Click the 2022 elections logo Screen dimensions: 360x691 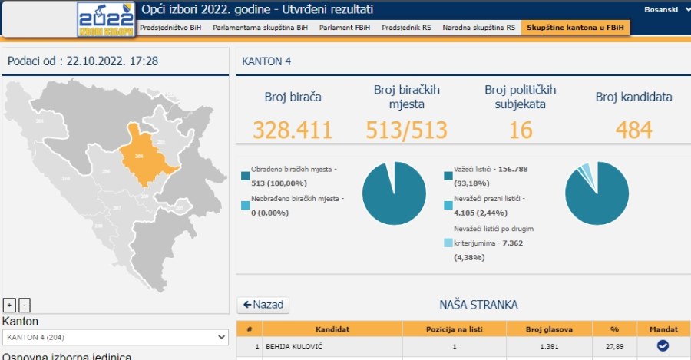[107, 19]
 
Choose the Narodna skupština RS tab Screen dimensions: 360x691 [478, 27]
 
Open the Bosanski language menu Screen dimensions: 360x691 [662, 9]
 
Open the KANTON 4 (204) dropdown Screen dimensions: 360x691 [116, 337]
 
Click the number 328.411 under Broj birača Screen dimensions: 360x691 [293, 130]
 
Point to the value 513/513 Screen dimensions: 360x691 [406, 130]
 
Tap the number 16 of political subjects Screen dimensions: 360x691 [520, 130]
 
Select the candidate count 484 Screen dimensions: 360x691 [633, 130]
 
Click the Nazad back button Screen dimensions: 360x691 [263, 305]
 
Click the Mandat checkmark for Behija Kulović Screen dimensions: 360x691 [662, 346]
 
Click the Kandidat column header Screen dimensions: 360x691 [332, 329]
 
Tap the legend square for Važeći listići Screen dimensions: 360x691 [448, 176]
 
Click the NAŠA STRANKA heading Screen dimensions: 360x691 [473, 305]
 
